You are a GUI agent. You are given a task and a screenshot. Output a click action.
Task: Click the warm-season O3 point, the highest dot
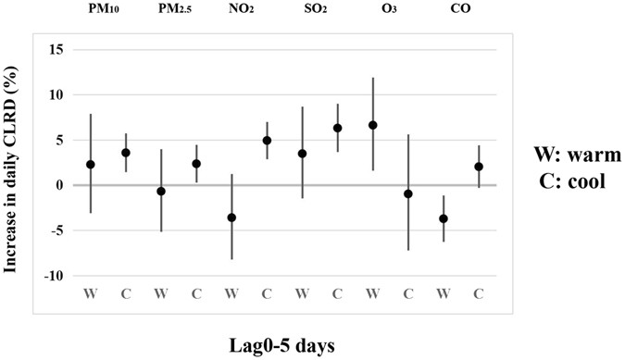coord(373,125)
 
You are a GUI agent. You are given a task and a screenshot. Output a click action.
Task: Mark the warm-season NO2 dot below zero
coord(231,217)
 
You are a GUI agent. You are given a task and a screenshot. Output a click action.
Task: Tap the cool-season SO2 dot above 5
coord(338,128)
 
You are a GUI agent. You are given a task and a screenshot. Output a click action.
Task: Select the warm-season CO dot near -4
coord(444,218)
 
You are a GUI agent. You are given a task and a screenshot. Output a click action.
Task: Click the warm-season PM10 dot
coord(91,164)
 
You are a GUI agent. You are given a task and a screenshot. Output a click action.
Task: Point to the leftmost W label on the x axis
coord(91,294)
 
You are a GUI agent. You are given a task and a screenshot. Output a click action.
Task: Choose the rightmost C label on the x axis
coord(478,294)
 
